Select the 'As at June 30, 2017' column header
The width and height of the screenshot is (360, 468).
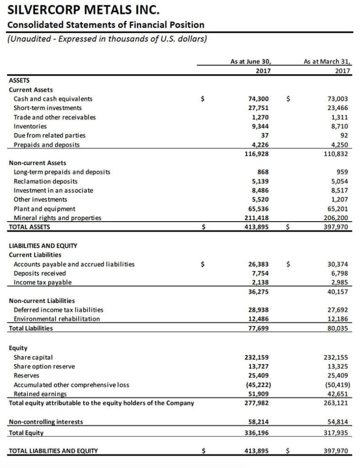250,66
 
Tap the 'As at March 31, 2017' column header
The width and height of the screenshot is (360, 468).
327,66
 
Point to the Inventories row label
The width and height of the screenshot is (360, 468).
30,126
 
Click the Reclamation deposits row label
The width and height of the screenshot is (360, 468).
46,181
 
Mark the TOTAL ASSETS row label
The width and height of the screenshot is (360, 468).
30,226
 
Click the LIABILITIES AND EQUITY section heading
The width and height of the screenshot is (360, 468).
43,246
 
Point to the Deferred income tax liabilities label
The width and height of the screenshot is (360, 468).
59,310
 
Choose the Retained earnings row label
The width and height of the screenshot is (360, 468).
40,394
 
